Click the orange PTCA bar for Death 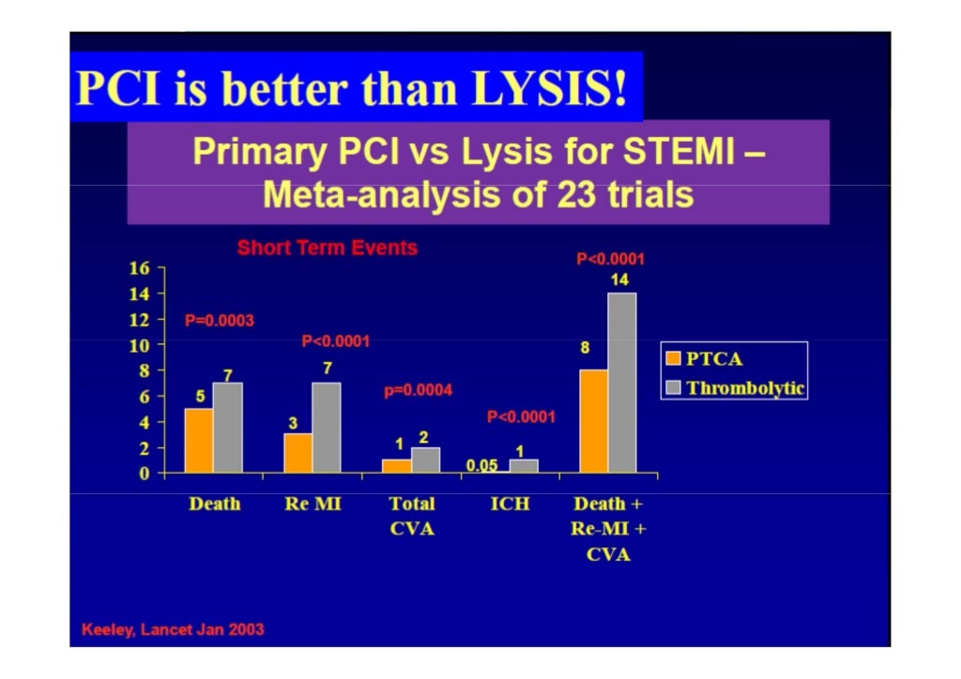pos(198,441)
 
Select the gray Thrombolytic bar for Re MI pos(327,428)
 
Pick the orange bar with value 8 pos(593,421)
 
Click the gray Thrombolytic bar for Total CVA pos(425,460)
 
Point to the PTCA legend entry pos(704,359)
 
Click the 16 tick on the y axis pos(139,268)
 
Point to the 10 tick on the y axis pos(139,345)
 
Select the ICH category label pos(510,505)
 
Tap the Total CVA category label pos(412,516)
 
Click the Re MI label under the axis pos(313,505)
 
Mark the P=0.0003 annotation pos(219,321)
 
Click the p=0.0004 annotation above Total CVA pos(418,390)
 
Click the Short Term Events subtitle pos(327,249)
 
